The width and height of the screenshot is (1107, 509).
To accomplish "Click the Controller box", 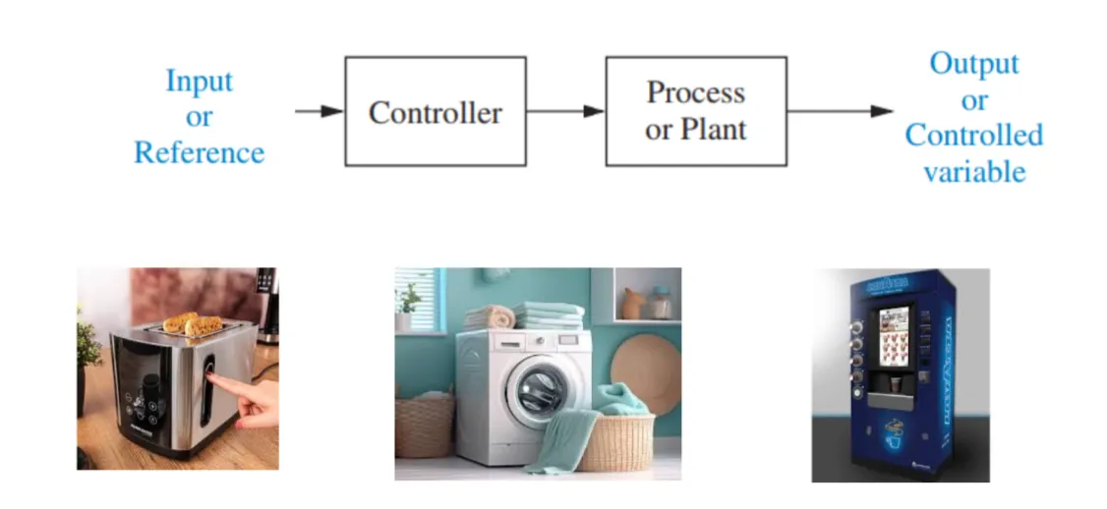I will [x=435, y=111].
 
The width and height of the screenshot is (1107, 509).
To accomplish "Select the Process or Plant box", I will [x=695, y=111].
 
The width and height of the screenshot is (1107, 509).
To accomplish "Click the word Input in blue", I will [x=200, y=81].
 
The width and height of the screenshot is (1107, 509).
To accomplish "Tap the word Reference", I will [x=200, y=153].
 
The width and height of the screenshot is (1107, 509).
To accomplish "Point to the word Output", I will [x=974, y=64].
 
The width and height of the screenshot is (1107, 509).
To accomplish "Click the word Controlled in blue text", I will [x=974, y=136].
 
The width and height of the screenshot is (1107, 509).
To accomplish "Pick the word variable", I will [x=974, y=172].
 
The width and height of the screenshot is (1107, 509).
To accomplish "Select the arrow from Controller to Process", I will [x=565, y=111].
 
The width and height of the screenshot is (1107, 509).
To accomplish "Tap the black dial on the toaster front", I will [x=149, y=384].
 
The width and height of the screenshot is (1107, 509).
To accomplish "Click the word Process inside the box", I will [x=695, y=93].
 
